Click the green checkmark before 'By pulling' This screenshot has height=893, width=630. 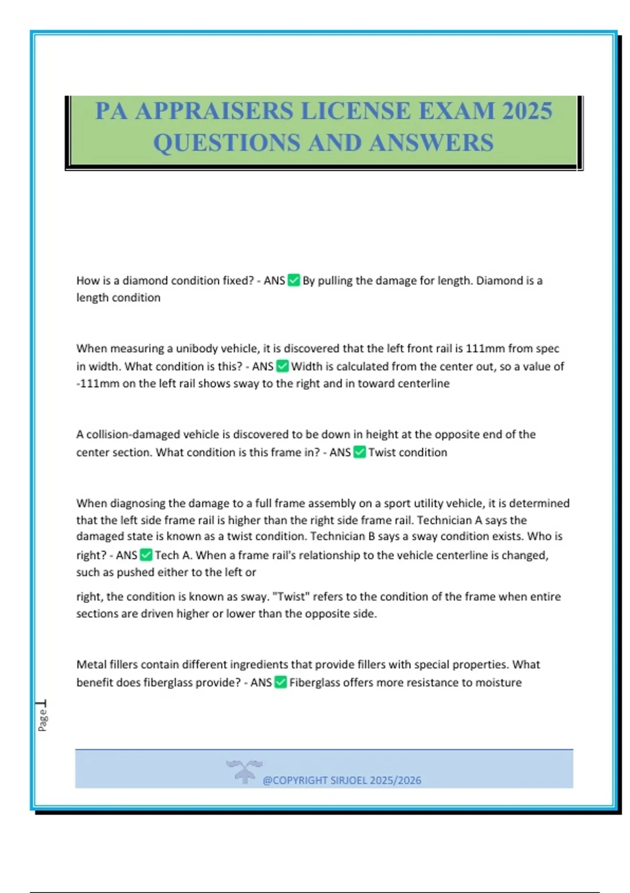[x=294, y=281]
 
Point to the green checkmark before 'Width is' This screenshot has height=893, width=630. [x=282, y=366]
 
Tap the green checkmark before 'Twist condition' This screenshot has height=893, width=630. [x=360, y=452]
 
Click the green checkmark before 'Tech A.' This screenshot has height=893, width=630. [x=146, y=555]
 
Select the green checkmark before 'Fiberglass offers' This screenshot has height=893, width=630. [x=281, y=682]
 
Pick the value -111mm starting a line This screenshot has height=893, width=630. [x=98, y=383]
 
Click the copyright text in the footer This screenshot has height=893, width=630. [x=342, y=780]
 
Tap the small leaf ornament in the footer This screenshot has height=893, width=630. [x=244, y=771]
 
